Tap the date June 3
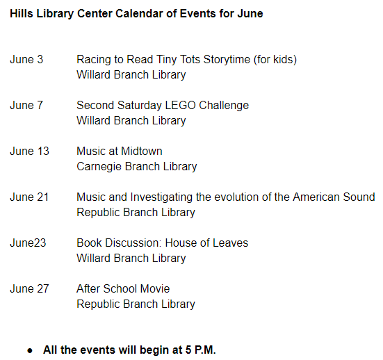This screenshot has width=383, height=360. (26, 60)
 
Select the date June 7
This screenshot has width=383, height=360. (26, 106)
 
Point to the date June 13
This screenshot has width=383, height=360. (30, 152)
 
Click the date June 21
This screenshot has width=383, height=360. (29, 197)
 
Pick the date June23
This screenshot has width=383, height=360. (28, 243)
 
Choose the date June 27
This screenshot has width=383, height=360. (30, 289)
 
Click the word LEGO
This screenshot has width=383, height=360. (180, 106)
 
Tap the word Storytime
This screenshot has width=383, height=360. (227, 60)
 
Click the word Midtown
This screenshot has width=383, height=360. (141, 152)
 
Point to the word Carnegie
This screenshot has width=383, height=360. (99, 167)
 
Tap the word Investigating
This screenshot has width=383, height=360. (161, 197)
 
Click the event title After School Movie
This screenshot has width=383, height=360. (123, 289)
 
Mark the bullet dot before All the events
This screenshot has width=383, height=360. (30, 351)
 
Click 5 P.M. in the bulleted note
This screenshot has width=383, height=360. (201, 350)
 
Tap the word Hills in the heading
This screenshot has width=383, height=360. (22, 13)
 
